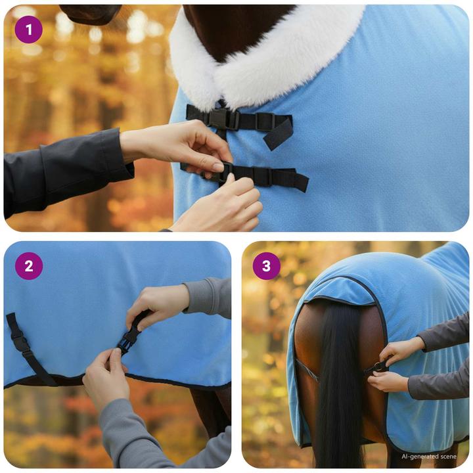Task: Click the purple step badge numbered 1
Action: [x=28, y=30]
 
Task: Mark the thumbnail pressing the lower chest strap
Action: [x=217, y=168]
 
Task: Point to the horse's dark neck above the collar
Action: [x=236, y=26]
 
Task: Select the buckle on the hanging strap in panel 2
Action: [x=19, y=342]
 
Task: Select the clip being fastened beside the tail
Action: [x=379, y=367]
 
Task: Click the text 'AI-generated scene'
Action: [x=428, y=456]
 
